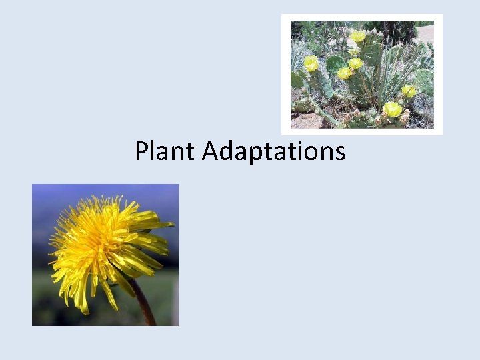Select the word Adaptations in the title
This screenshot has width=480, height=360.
coord(273,151)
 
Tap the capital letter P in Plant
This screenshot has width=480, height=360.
coord(142,151)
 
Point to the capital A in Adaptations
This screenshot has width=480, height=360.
coord(209,151)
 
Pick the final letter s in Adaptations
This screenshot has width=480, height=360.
coord(340,153)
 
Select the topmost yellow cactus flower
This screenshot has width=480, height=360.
coord(358,36)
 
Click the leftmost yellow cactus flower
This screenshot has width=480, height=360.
coord(311,63)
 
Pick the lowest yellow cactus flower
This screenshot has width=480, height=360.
coord(392,109)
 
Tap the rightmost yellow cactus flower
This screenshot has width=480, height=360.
coord(408,91)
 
